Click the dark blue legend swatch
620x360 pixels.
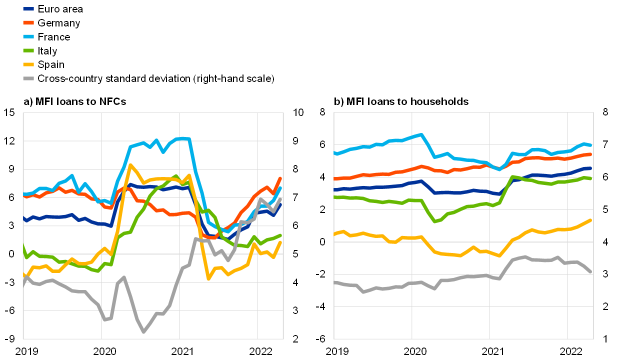(28, 8)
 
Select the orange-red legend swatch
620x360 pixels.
(28, 22)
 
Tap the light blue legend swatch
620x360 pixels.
(28, 36)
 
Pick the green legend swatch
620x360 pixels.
(28, 50)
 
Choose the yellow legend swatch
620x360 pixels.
(28, 64)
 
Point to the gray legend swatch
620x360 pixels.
(28, 78)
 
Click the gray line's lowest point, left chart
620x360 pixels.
(143, 331)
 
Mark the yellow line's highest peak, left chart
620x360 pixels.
(130, 165)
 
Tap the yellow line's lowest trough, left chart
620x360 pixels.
(208, 278)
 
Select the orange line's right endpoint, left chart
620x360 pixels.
(280, 178)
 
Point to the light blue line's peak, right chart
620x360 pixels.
(421, 134)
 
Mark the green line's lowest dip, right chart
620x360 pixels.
(434, 221)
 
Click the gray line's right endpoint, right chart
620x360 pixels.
(590, 271)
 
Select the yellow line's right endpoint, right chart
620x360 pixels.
(590, 220)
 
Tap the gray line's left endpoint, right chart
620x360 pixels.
(334, 282)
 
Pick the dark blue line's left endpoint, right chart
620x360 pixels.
(334, 190)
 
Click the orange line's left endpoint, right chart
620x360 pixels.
(334, 178)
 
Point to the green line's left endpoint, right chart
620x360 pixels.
(334, 197)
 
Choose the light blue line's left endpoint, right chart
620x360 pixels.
(334, 153)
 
